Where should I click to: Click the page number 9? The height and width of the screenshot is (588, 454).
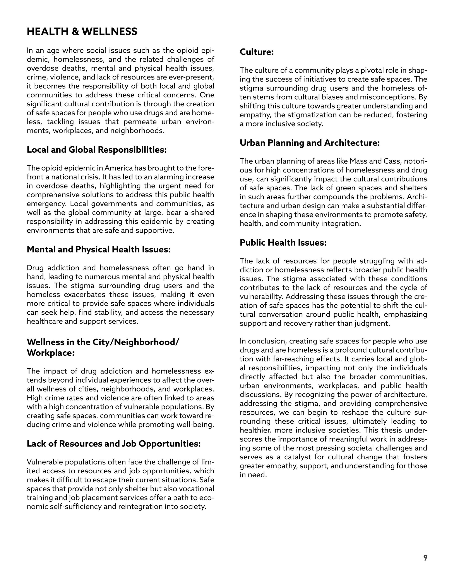pos(425,558)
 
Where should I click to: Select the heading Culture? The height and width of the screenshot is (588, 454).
pos(257,52)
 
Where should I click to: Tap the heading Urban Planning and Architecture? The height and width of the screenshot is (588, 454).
pos(310,143)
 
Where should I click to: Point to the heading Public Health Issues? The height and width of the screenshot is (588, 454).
pos(283,243)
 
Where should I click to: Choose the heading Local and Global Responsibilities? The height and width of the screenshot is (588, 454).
pos(97,150)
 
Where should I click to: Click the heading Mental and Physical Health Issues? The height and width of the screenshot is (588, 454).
pos(98,249)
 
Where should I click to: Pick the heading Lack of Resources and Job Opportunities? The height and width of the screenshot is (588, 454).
pos(113,444)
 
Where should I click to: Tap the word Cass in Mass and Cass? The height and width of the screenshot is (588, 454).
pos(394,161)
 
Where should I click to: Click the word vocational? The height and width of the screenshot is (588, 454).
pos(197,489)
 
